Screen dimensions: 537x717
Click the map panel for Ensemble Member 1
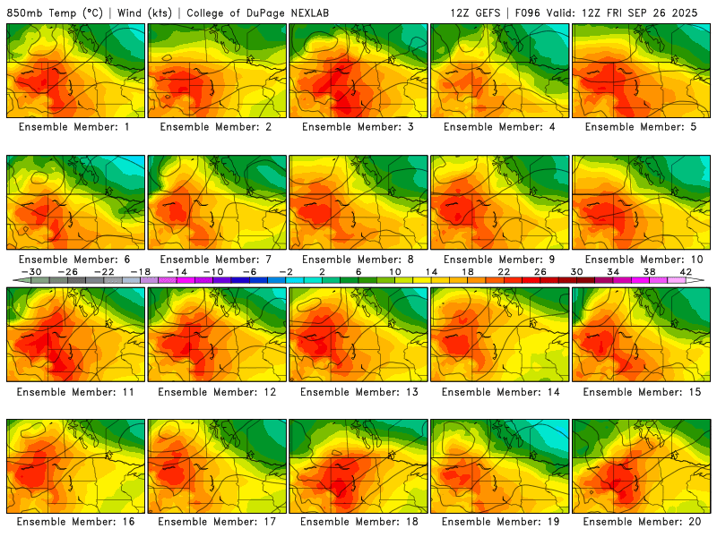tap(75, 71)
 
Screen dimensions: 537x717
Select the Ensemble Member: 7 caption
tap(217, 260)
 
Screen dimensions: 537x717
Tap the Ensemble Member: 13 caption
tap(358, 392)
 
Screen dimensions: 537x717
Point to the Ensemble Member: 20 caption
tap(642, 522)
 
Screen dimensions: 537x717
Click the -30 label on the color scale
tap(32, 272)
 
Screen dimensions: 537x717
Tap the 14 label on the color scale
tap(431, 272)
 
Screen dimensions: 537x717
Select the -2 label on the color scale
tap(286, 272)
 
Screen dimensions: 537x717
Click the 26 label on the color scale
tap(540, 272)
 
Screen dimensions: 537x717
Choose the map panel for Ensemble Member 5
tap(642, 71)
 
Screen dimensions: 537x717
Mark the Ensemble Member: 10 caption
tap(642, 260)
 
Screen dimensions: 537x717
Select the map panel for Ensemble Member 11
tap(75, 334)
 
